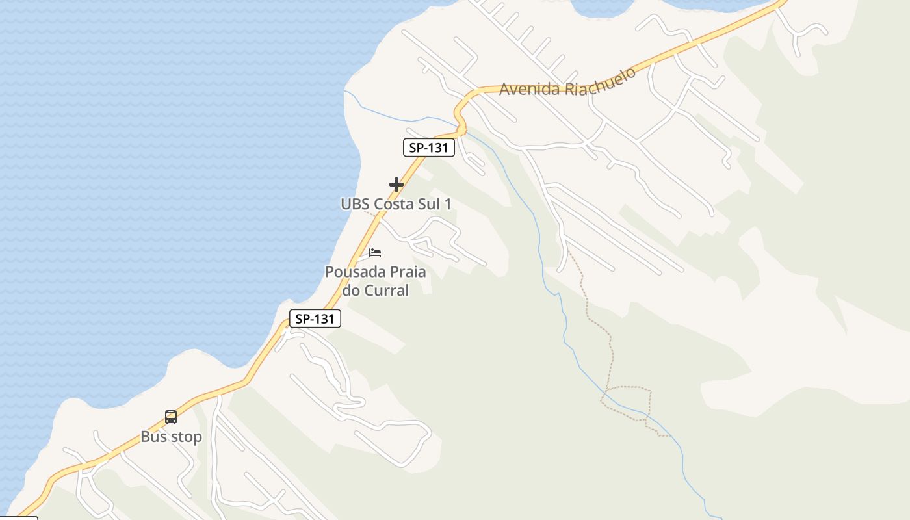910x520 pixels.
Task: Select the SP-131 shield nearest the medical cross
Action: [x=428, y=148]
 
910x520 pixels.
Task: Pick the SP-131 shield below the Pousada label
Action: [x=315, y=318]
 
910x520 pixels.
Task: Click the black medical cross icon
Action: [x=396, y=185]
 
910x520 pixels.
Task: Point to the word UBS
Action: [x=356, y=204]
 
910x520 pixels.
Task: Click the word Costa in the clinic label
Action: [x=394, y=204]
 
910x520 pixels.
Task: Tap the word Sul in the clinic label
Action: [x=429, y=204]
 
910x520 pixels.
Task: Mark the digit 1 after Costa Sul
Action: [x=447, y=204]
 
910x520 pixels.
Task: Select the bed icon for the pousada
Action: [x=375, y=253]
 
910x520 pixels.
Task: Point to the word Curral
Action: [x=387, y=290]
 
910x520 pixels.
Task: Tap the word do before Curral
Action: [x=351, y=290]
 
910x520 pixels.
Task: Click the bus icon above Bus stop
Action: [x=171, y=417]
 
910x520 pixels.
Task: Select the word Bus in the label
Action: [x=152, y=437]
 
